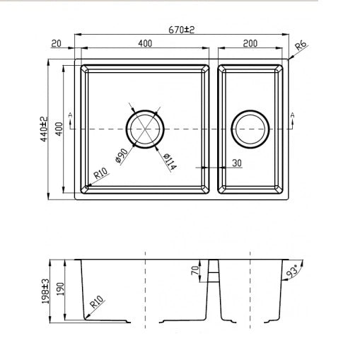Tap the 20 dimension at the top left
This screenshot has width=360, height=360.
click(x=56, y=43)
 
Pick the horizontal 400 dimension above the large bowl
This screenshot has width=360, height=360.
click(x=145, y=43)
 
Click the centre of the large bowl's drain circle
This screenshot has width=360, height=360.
click(x=145, y=129)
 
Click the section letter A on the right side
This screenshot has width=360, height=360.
click(x=292, y=114)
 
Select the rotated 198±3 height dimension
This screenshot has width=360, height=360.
click(x=46, y=291)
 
